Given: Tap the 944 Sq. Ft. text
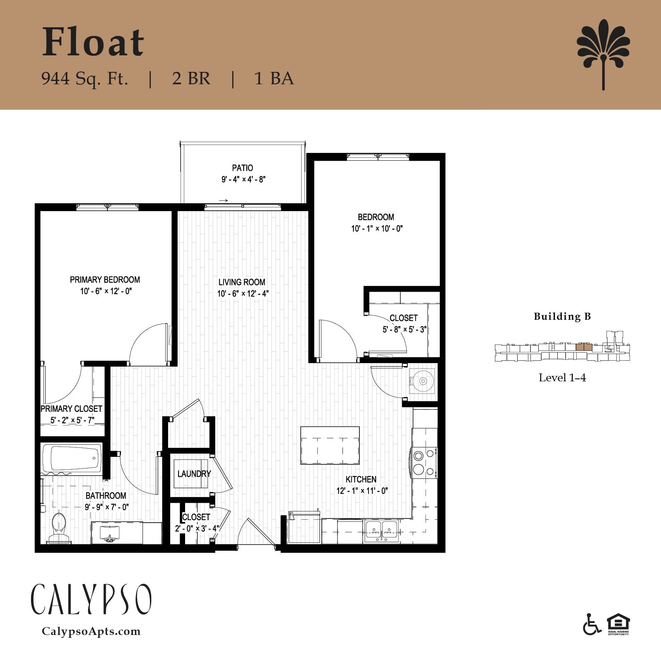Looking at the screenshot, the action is (x=85, y=78).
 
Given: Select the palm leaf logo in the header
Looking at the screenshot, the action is (x=604, y=54).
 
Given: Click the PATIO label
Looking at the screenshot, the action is (x=243, y=168).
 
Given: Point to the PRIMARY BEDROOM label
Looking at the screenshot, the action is (x=105, y=280).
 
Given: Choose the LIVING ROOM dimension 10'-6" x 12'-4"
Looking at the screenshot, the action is (x=243, y=294).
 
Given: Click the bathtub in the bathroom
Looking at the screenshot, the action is (x=72, y=458).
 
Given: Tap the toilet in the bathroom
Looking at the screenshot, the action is (x=59, y=527).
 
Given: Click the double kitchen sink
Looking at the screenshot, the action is (x=381, y=531).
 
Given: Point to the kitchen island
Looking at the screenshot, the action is (x=330, y=445).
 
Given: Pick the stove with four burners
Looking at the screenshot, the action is (x=424, y=463).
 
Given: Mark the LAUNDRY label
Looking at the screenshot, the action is (x=194, y=473).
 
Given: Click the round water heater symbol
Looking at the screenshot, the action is (x=423, y=380).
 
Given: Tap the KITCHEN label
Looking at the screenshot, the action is (x=361, y=479).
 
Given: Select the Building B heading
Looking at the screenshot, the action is (x=562, y=316).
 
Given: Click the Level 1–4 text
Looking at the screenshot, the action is (x=562, y=378).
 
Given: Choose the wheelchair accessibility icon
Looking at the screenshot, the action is (x=592, y=624).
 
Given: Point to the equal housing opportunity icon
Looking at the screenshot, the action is (x=618, y=624).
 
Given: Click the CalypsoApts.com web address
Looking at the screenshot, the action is (x=91, y=632).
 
